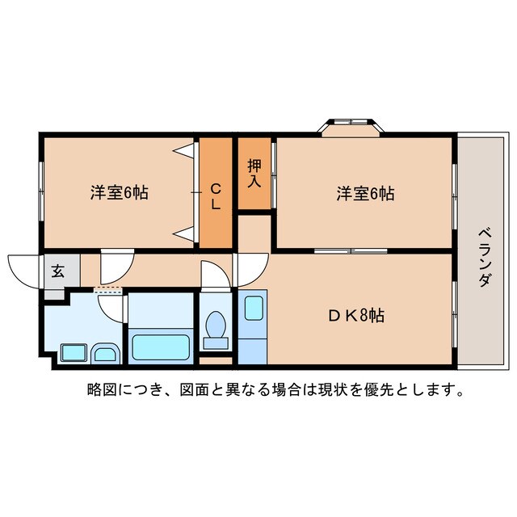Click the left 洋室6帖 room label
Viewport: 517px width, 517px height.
click(x=119, y=194)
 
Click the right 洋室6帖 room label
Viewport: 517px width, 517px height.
click(x=365, y=194)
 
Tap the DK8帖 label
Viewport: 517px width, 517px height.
click(x=356, y=316)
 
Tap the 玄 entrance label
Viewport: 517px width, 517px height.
click(x=59, y=271)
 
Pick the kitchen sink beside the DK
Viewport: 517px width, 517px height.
click(x=252, y=308)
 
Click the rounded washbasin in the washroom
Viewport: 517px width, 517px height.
click(x=105, y=352)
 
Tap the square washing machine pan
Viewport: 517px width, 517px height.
click(x=74, y=353)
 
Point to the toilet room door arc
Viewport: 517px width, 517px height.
click(x=215, y=275)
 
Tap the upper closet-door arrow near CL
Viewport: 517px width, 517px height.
click(x=185, y=150)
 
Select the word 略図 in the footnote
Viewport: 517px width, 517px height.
click(x=100, y=391)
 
